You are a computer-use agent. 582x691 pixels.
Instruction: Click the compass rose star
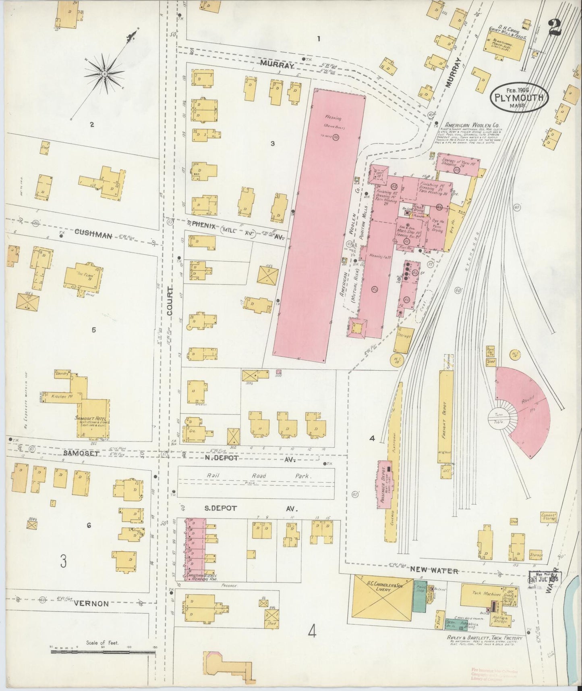104,74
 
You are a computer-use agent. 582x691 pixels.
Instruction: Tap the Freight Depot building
445,417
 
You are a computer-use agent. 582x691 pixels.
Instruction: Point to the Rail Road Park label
259,476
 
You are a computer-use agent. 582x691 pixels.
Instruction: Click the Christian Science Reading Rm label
201,577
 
